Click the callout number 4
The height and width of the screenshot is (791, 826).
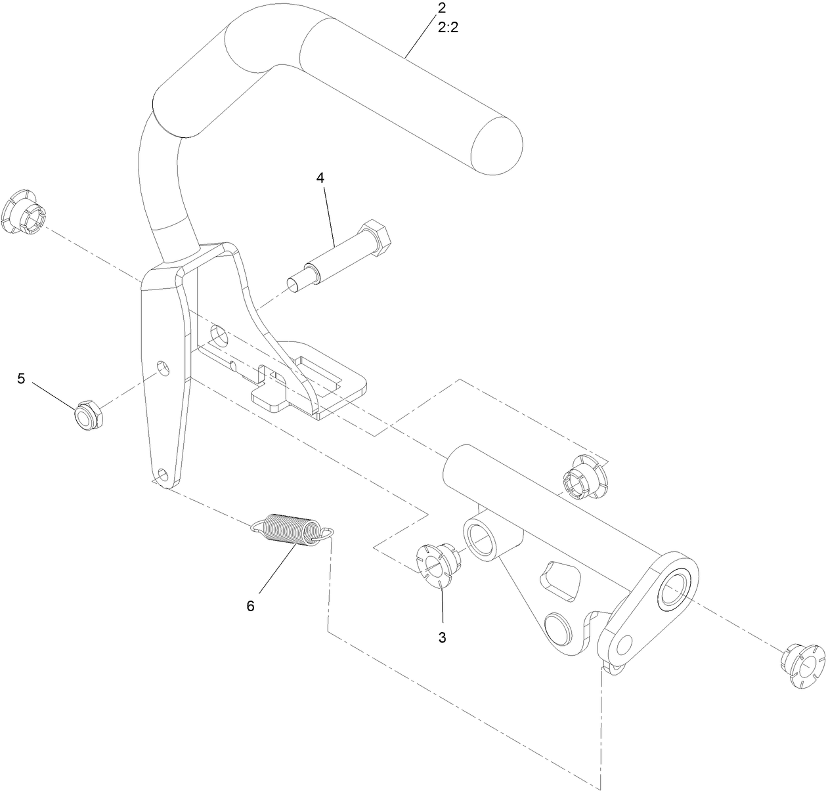[x=320, y=177]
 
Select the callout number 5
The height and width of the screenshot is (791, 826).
[x=21, y=379]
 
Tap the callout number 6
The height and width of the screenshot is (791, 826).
[x=250, y=606]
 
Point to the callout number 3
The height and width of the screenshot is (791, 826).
[x=442, y=637]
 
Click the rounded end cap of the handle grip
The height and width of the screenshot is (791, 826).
[x=497, y=146]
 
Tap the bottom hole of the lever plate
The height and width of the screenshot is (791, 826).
[x=162, y=473]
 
